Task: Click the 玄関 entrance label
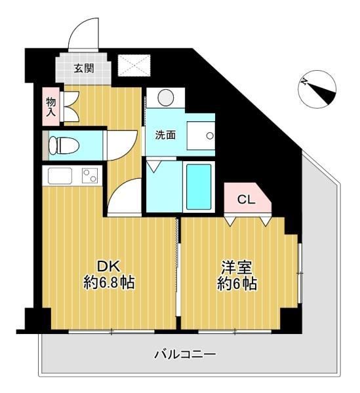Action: pyautogui.click(x=84, y=68)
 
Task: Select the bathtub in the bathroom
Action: pyautogui.click(x=199, y=187)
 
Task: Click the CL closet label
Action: pyautogui.click(x=246, y=200)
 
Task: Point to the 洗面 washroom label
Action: pyautogui.click(x=165, y=136)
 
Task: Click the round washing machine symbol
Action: pyautogui.click(x=166, y=98)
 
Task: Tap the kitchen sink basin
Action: pyautogui.click(x=60, y=176)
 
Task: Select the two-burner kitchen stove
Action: pyautogui.click(x=90, y=176)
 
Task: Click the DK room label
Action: pyautogui.click(x=109, y=267)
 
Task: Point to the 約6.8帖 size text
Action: pyautogui.click(x=109, y=282)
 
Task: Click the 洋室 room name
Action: pyautogui.click(x=237, y=267)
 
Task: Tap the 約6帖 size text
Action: pyautogui.click(x=237, y=284)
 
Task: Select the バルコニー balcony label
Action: pyautogui.click(x=185, y=354)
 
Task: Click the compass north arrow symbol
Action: pyautogui.click(x=318, y=89)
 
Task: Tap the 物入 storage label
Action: pyautogui.click(x=51, y=107)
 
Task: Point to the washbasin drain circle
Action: pyautogui.click(x=209, y=136)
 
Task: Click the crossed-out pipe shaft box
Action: pyautogui.click(x=134, y=65)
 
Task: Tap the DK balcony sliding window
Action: pyautogui.click(x=111, y=331)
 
